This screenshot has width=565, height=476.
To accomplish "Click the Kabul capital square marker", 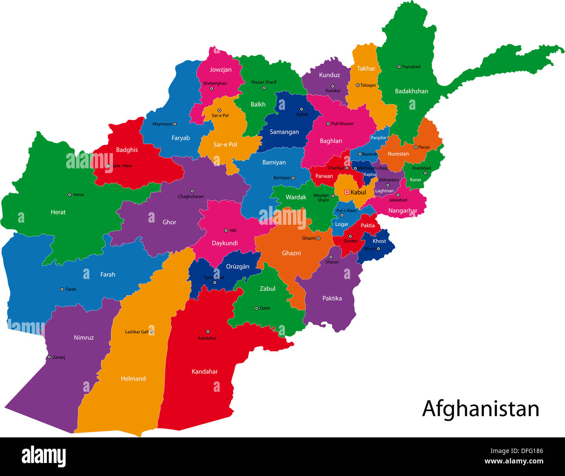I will (347, 192).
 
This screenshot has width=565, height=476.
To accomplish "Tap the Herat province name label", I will (58, 212).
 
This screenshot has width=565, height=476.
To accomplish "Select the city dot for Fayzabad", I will (399, 67).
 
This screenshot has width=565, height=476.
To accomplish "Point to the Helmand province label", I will (133, 379).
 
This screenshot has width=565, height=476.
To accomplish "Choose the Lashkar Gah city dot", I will (152, 332).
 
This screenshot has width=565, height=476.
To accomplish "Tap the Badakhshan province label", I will (411, 91).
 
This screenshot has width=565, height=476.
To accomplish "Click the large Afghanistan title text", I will (480, 409).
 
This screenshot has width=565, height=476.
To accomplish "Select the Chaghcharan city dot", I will (192, 191).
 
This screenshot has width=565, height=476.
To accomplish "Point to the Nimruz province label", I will (83, 338).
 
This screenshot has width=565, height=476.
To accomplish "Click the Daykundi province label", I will (224, 243).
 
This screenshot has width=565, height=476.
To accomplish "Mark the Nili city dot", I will (226, 230).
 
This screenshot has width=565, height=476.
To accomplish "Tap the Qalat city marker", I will (256, 309).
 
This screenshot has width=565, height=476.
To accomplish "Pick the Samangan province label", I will (284, 132).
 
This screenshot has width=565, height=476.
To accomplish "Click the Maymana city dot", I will (175, 124).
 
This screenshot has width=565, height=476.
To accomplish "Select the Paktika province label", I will (332, 299).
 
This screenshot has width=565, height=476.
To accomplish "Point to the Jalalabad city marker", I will (398, 195).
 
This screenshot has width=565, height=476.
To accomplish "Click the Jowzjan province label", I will (220, 70).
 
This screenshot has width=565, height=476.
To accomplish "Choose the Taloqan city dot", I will (358, 85).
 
